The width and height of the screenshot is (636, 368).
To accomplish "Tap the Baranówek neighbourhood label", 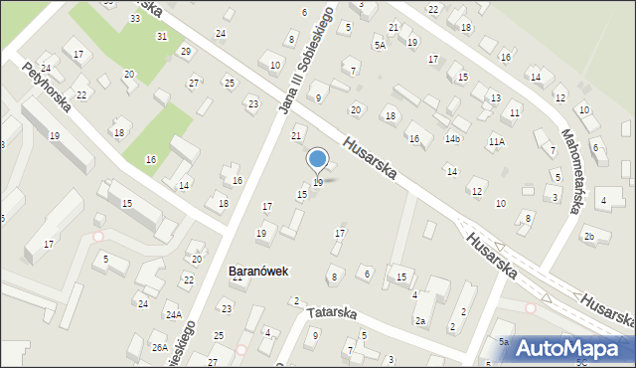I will (x=258, y=270).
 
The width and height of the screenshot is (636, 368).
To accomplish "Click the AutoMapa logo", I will (x=573, y=348).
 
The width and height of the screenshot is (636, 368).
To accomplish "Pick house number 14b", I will (x=452, y=138).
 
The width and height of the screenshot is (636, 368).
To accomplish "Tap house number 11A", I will (x=496, y=142).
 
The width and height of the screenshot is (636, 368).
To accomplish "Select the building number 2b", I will (x=589, y=236).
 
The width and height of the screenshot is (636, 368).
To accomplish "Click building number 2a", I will (x=420, y=320).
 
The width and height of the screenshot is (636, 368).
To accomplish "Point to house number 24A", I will (x=173, y=315).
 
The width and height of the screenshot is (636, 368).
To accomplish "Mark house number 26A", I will (x=159, y=347).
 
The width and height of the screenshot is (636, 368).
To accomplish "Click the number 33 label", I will (x=134, y=19).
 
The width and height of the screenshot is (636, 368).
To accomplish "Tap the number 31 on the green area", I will (x=161, y=36).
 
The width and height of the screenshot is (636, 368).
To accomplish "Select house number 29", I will (x=185, y=51).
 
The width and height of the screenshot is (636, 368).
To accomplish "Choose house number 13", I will (x=495, y=97).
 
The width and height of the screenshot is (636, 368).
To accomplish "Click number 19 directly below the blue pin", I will (x=318, y=183).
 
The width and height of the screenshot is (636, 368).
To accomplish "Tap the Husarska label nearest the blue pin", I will (x=369, y=158).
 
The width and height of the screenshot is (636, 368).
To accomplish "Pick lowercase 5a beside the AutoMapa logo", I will (x=503, y=342).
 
